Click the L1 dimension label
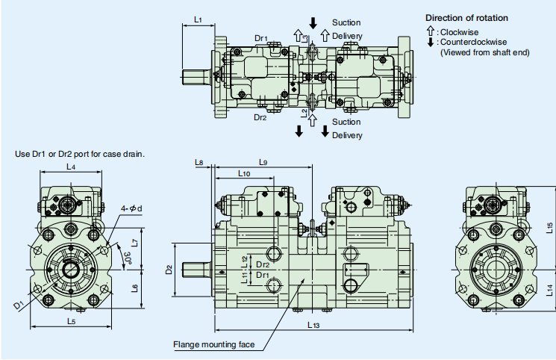pyautogui.click(x=198, y=20)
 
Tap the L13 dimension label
pyautogui.click(x=313, y=325)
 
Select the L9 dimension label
pyautogui.click(x=263, y=163)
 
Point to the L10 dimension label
pyautogui.click(x=244, y=173)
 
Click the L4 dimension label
pyautogui.click(x=71, y=167)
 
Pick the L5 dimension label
pyautogui.click(x=72, y=322)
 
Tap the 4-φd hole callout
pyautogui.click(x=131, y=208)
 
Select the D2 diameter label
pyautogui.click(x=169, y=270)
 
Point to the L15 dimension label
pyautogui.click(x=549, y=228)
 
